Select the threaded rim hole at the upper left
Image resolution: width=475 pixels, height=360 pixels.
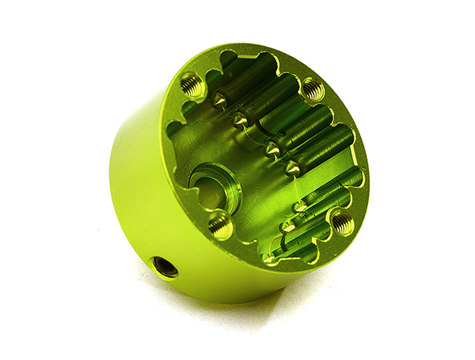point(192,83)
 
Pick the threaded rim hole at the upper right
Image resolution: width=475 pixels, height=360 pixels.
point(312,89)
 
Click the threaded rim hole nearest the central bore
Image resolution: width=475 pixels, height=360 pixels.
point(221,227)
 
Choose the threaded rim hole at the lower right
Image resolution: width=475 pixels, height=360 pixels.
point(341,223)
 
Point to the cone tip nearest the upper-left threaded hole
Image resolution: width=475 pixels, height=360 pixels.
point(218,100)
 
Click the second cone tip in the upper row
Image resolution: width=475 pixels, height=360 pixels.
point(240,119)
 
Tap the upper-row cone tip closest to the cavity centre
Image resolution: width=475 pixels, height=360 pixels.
point(292,168)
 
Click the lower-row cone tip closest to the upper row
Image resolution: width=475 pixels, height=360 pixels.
point(300,207)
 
